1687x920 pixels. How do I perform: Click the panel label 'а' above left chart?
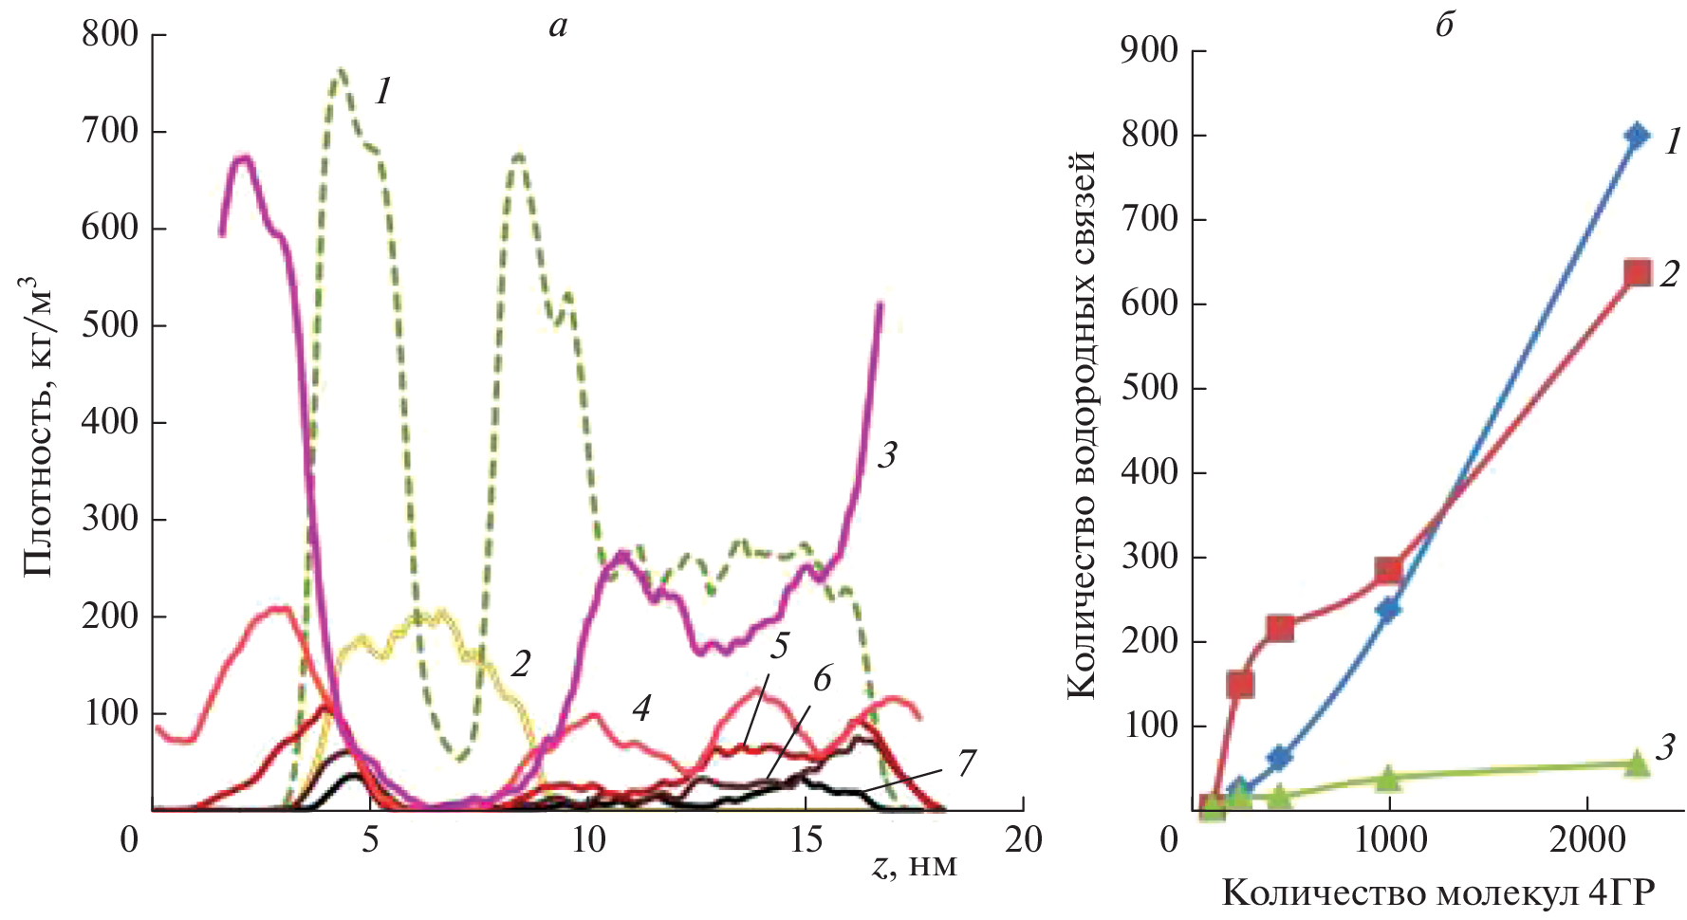point(558,27)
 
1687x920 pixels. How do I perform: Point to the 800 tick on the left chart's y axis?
point(110,35)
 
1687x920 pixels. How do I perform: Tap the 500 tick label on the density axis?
point(110,325)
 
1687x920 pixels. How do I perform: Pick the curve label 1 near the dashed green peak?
point(382,92)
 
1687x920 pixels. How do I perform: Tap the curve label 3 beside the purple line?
point(887,456)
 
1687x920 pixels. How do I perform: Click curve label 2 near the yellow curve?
point(519,664)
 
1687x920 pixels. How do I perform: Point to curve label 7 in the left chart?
point(966,762)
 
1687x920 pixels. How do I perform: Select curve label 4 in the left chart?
point(642,708)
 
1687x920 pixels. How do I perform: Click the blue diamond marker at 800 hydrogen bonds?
point(1636,136)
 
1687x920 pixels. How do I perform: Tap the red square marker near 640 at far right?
point(1637,273)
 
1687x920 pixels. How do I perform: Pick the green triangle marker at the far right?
point(1636,764)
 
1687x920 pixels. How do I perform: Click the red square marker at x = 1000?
point(1389,570)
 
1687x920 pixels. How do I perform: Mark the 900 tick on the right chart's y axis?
point(1149,50)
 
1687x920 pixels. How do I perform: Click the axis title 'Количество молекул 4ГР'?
point(1437,893)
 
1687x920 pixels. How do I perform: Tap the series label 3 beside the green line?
point(1665,747)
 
